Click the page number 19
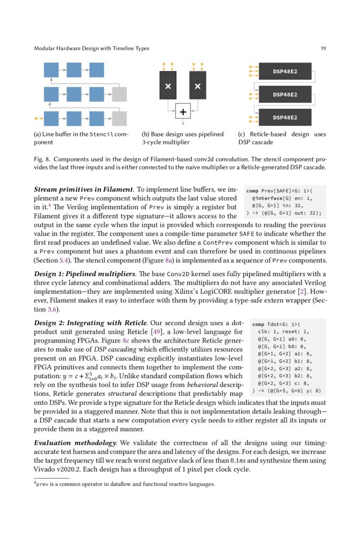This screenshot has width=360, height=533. click(323, 49)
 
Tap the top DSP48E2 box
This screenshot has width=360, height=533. click(285, 72)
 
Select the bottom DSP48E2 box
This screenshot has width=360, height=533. click(285, 117)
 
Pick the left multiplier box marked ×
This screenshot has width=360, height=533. click(168, 86)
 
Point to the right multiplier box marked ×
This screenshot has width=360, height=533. click(197, 86)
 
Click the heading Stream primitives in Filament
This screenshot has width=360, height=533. click(83, 189)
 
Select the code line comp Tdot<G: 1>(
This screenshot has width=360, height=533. click(277, 324)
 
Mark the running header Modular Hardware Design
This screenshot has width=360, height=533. click(91, 49)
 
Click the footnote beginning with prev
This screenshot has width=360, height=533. click(123, 484)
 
